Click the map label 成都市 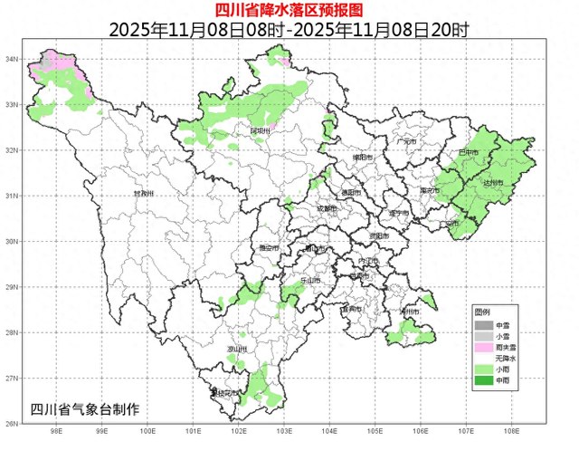[327, 209]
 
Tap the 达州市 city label [491, 183]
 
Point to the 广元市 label [406, 142]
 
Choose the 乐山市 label [309, 281]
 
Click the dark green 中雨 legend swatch [485, 382]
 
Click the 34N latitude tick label [13, 59]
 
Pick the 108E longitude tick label [512, 432]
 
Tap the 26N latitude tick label [13, 424]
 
